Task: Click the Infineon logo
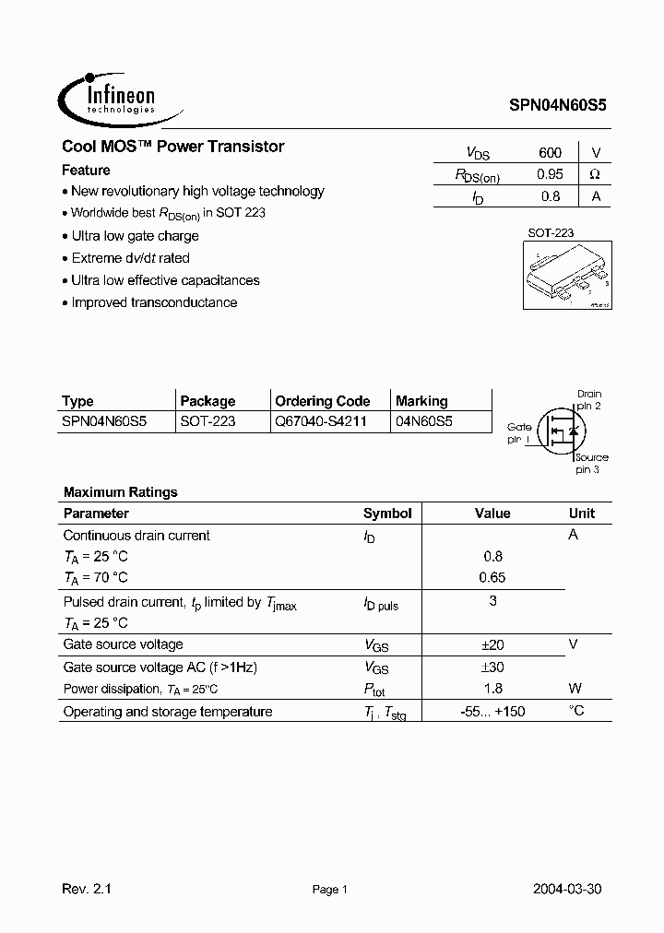(107, 95)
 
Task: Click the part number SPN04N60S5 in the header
(558, 106)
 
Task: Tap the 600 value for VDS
(550, 153)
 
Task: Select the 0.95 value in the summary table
(550, 174)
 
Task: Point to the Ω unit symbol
(595, 174)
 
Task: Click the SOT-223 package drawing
(563, 276)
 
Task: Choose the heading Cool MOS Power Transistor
(173, 147)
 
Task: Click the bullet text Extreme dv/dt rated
(130, 258)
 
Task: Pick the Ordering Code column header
(322, 401)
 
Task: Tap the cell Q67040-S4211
(320, 421)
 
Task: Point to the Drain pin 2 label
(588, 399)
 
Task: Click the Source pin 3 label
(590, 463)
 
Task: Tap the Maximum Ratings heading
(120, 492)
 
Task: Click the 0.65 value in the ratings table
(493, 578)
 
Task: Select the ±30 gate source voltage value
(493, 667)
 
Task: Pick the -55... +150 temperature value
(493, 711)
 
